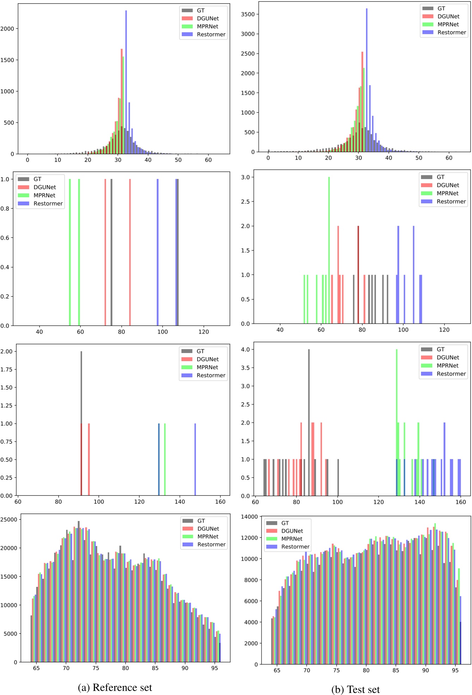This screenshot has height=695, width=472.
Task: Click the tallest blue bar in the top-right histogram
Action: tap(367, 81)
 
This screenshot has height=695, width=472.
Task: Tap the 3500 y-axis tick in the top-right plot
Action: tap(248, 14)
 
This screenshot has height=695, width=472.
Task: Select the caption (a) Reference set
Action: tap(115, 687)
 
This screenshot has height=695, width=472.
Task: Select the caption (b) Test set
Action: tap(356, 689)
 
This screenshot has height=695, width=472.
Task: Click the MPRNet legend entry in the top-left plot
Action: tap(207, 26)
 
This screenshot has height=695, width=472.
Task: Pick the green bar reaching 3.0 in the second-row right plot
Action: tap(329, 250)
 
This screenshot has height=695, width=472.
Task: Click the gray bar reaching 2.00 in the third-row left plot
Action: tap(81, 387)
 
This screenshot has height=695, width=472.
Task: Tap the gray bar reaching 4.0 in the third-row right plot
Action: tap(309, 423)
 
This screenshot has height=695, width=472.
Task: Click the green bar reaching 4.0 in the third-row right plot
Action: tap(397, 405)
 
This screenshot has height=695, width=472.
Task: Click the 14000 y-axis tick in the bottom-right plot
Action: tap(249, 517)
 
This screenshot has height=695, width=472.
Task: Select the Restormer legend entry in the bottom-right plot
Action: tap(295, 547)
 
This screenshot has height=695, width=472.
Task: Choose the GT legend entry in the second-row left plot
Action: tap(37, 179)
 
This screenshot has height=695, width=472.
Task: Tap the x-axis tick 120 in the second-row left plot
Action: tap(203, 332)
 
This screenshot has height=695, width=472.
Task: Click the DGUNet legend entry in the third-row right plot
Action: tap(448, 358)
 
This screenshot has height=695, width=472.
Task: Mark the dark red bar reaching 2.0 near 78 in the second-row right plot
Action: tap(358, 275)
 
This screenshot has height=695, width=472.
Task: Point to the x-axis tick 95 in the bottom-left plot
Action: tap(215, 668)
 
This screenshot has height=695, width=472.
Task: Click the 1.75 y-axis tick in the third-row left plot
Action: tap(6, 370)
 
